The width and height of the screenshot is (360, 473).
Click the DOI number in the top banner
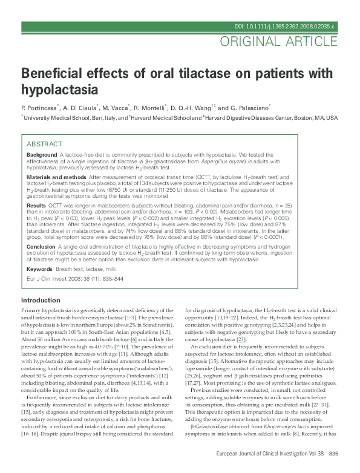tap(285, 27)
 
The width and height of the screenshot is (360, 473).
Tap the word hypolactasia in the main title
tap(59, 90)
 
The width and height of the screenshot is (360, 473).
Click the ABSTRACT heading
tap(44, 144)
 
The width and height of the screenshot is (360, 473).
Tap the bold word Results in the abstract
tap(36, 206)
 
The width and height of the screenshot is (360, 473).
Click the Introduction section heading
tap(41, 301)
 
